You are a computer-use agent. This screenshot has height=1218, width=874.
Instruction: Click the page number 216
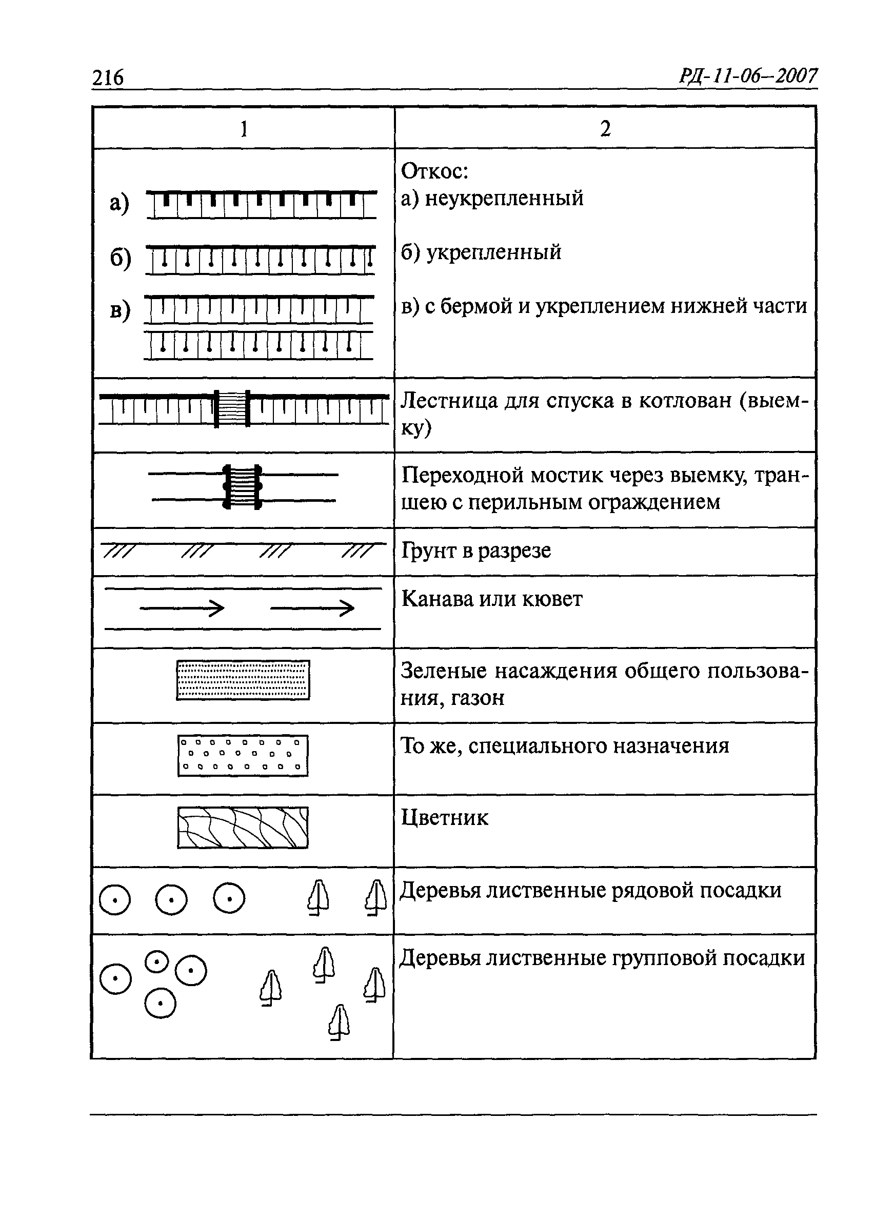pyautogui.click(x=108, y=78)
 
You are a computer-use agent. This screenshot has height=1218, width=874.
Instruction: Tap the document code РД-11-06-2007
pyautogui.click(x=748, y=76)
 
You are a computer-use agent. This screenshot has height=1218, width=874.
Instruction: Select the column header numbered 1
pyautogui.click(x=244, y=129)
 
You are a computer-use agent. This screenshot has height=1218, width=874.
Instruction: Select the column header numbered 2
pyautogui.click(x=605, y=129)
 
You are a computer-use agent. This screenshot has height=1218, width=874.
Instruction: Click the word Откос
pyautogui.click(x=434, y=172)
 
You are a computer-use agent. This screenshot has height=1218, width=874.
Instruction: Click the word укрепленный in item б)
pyautogui.click(x=494, y=252)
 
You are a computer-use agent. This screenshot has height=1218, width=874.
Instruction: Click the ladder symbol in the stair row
pyautogui.click(x=232, y=409)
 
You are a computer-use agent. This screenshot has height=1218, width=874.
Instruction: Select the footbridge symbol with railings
pyautogui.click(x=242, y=487)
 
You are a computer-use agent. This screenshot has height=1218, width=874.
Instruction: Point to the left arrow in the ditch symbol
pyautogui.click(x=182, y=608)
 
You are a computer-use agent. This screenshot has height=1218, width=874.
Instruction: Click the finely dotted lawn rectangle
pyautogui.click(x=243, y=680)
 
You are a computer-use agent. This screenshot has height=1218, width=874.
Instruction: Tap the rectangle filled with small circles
pyautogui.click(x=243, y=756)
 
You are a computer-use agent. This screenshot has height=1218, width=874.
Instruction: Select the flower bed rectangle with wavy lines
pyautogui.click(x=243, y=828)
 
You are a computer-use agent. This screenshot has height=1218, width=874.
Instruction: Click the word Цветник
pyautogui.click(x=445, y=818)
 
